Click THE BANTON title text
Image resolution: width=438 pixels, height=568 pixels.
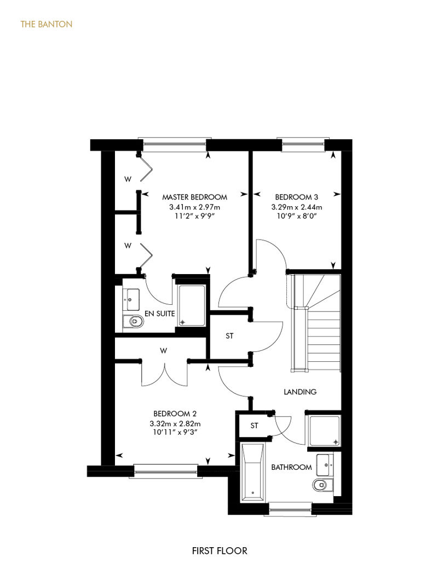47,24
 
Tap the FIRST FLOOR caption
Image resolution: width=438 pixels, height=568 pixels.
220,551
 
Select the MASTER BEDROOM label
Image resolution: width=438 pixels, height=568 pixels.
194,197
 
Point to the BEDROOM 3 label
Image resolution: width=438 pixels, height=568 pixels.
297,197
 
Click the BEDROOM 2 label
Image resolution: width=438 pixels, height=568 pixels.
175,413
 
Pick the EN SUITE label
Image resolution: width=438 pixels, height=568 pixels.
159,314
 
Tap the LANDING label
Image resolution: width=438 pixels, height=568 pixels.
300,391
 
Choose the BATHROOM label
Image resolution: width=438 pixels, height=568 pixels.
291,467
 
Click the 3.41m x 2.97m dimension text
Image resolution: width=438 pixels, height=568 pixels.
194,207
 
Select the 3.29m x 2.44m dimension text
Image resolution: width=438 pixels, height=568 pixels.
297,207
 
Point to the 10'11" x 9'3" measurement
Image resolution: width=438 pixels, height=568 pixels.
175,432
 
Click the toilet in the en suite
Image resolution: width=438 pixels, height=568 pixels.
133,321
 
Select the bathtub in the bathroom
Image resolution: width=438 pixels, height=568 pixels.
252,472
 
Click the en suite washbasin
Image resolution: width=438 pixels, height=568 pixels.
131,299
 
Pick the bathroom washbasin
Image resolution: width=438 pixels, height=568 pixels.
325,465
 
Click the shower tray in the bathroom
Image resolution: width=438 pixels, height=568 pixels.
325,431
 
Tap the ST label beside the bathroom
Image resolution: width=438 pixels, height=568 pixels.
254,425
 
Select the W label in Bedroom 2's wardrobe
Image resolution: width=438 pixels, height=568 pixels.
164,351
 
